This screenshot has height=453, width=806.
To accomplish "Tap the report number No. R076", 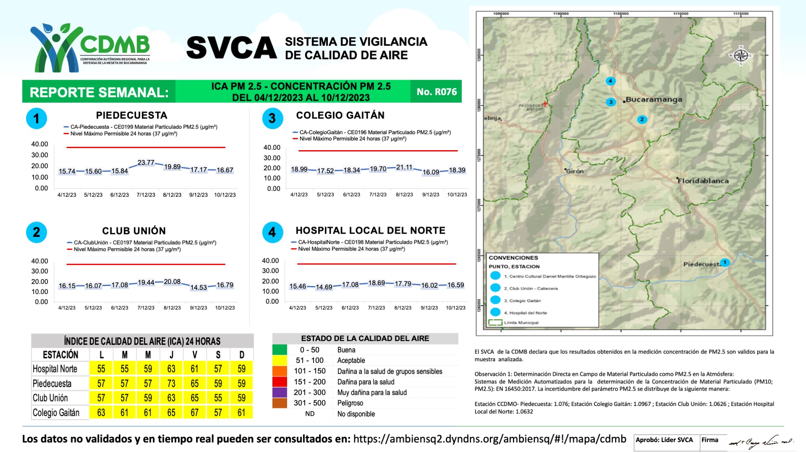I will click(x=436, y=92).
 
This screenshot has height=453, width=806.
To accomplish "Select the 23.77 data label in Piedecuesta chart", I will click(x=146, y=162).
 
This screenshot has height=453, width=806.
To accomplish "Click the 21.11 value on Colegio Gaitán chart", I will click(x=404, y=167).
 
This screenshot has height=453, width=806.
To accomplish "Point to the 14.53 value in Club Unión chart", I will click(x=199, y=287).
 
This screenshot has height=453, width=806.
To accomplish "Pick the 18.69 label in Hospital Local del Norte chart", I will click(x=377, y=283).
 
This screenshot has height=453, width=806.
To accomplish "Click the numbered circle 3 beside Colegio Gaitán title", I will click(x=272, y=118).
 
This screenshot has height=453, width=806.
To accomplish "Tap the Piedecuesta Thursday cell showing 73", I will click(x=171, y=383).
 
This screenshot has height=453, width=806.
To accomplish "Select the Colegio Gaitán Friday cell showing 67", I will click(x=194, y=412).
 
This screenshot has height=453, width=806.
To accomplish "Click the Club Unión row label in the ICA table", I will click(x=50, y=398).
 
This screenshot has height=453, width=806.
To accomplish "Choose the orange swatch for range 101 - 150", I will click(x=280, y=371).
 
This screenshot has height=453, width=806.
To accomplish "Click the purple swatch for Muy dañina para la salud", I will click(x=280, y=392).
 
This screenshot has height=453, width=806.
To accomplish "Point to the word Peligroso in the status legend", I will click(x=350, y=403).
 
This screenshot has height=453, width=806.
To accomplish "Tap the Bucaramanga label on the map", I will click(x=654, y=99).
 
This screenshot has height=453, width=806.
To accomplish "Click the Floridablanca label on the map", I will click(x=703, y=181).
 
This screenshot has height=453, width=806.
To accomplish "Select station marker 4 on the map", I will click(x=610, y=81).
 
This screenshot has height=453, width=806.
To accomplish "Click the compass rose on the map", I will click(x=741, y=55).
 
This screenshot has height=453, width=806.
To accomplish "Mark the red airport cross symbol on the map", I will click(x=544, y=104).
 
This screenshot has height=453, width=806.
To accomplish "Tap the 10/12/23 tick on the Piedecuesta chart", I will click(x=225, y=195).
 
